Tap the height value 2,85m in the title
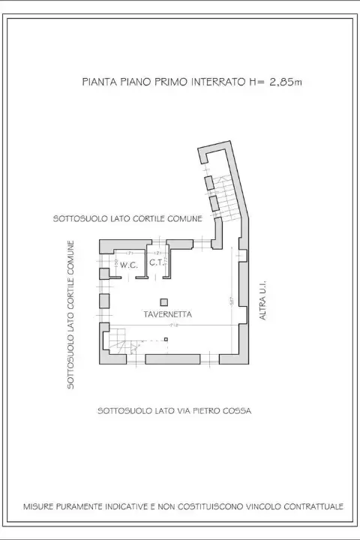(x=286, y=82)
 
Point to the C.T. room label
(x=156, y=263)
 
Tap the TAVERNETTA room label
(x=164, y=315)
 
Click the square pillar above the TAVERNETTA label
(x=164, y=301)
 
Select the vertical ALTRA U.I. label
(x=263, y=301)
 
